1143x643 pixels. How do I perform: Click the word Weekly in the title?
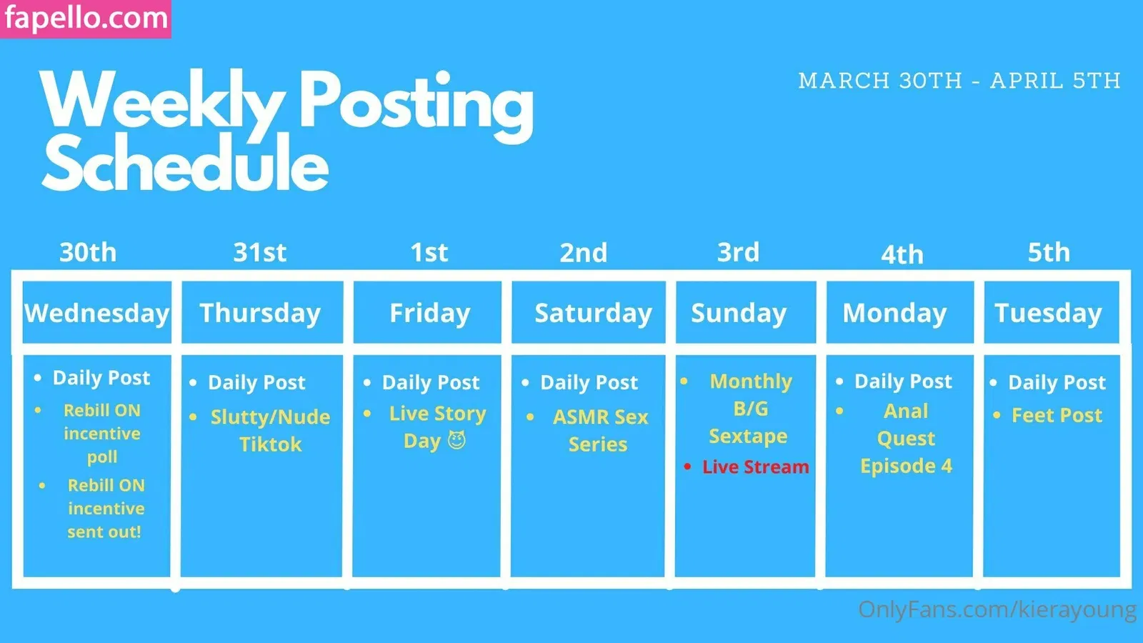162,102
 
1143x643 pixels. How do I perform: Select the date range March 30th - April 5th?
959,81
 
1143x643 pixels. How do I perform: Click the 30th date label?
88,252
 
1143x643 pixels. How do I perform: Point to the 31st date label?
260,252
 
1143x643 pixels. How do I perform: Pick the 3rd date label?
738,252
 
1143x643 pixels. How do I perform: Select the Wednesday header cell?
97,312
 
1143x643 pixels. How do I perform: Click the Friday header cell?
427,312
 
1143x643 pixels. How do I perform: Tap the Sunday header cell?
746,312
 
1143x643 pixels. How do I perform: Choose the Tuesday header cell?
1052,312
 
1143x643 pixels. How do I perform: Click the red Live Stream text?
755,467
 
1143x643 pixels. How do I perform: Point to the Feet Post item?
1057,415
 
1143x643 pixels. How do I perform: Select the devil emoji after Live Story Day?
456,440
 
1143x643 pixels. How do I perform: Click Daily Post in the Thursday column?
256,383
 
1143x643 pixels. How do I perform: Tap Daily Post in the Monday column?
903,382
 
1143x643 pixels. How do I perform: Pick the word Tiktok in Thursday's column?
271,444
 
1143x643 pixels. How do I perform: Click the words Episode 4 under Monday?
906,466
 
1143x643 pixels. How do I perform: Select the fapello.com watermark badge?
86,19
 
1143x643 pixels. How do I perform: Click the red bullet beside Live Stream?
687,467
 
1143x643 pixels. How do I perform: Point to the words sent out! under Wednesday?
104,532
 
